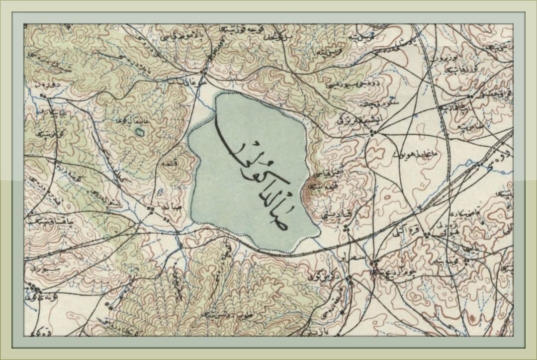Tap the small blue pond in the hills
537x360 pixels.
(140, 132)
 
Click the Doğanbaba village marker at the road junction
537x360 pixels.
(203, 74)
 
